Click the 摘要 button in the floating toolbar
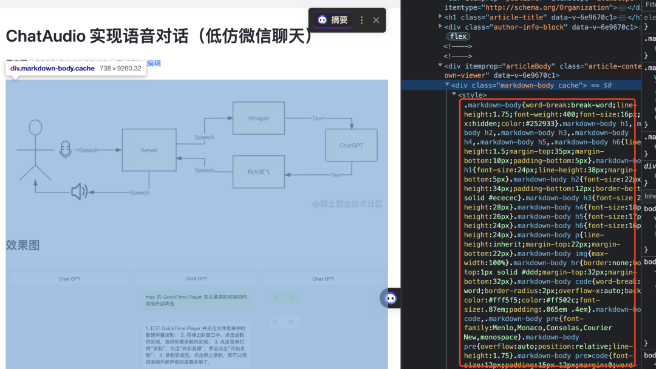(333, 20)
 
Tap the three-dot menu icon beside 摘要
(361, 20)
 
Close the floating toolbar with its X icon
(376, 20)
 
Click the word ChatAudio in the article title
(46, 36)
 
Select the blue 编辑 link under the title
(154, 63)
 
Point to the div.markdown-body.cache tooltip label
(52, 69)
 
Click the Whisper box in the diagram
(258, 118)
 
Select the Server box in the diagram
(149, 150)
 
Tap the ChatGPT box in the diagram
(351, 146)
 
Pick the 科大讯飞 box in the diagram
(258, 172)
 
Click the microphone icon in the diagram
(65, 150)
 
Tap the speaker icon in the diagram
(79, 192)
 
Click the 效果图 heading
(22, 245)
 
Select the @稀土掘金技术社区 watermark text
(347, 204)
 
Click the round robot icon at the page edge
(391, 298)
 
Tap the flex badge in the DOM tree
(458, 36)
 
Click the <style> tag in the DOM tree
(472, 95)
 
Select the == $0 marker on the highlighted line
(599, 86)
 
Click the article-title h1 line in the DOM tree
(541, 17)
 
